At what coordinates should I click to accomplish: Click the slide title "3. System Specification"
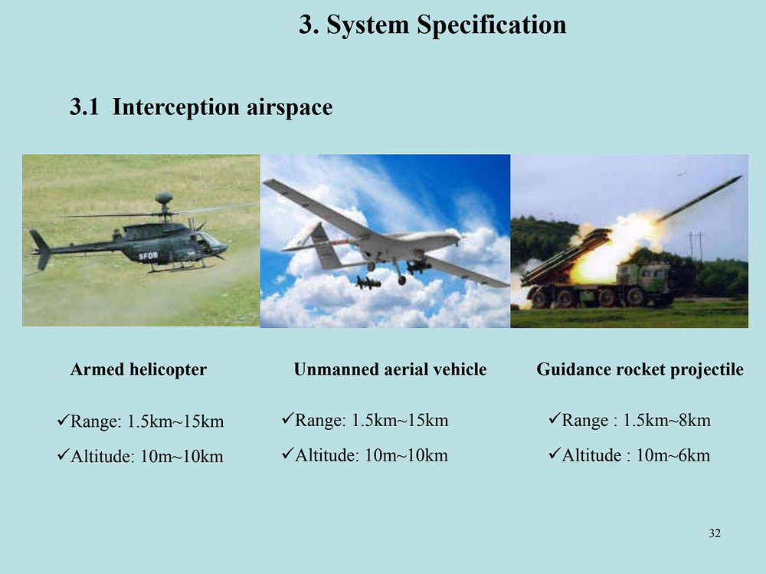432,25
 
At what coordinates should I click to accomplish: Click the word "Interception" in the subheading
176,107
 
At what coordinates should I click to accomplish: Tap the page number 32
715,533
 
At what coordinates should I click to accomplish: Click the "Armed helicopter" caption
139,369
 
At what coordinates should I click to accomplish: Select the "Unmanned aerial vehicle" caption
391,369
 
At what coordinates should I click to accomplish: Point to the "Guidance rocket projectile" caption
640,369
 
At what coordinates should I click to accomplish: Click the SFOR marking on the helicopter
148,256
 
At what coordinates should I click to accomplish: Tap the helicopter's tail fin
41,249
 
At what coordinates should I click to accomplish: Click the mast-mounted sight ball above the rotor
164,198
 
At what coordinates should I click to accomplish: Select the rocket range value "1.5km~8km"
667,421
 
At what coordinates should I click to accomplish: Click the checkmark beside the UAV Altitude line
288,454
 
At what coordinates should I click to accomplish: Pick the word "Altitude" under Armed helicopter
102,456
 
